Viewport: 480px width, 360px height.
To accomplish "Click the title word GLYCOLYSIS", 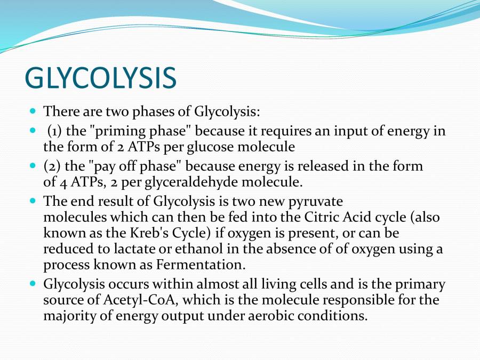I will [100, 78].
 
